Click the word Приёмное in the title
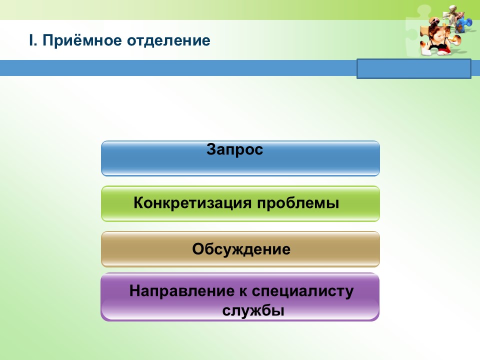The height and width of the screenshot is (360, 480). coord(82,40)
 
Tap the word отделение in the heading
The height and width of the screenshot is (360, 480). coord(168,41)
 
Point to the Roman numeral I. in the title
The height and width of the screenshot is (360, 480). coord(33,40)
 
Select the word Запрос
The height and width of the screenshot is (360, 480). coord(235,149)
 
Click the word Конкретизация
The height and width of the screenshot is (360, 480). coord(193,203)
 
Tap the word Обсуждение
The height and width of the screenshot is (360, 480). coord(241,249)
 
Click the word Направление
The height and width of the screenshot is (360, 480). coord(182,291)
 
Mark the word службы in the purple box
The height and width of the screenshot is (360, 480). coord(253,310)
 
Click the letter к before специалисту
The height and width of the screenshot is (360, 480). coord(243,291)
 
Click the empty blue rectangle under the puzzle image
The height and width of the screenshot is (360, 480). coord(414,69)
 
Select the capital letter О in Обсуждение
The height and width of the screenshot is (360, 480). coord(198,249)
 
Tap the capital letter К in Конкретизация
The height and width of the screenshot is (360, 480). coord(139,202)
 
